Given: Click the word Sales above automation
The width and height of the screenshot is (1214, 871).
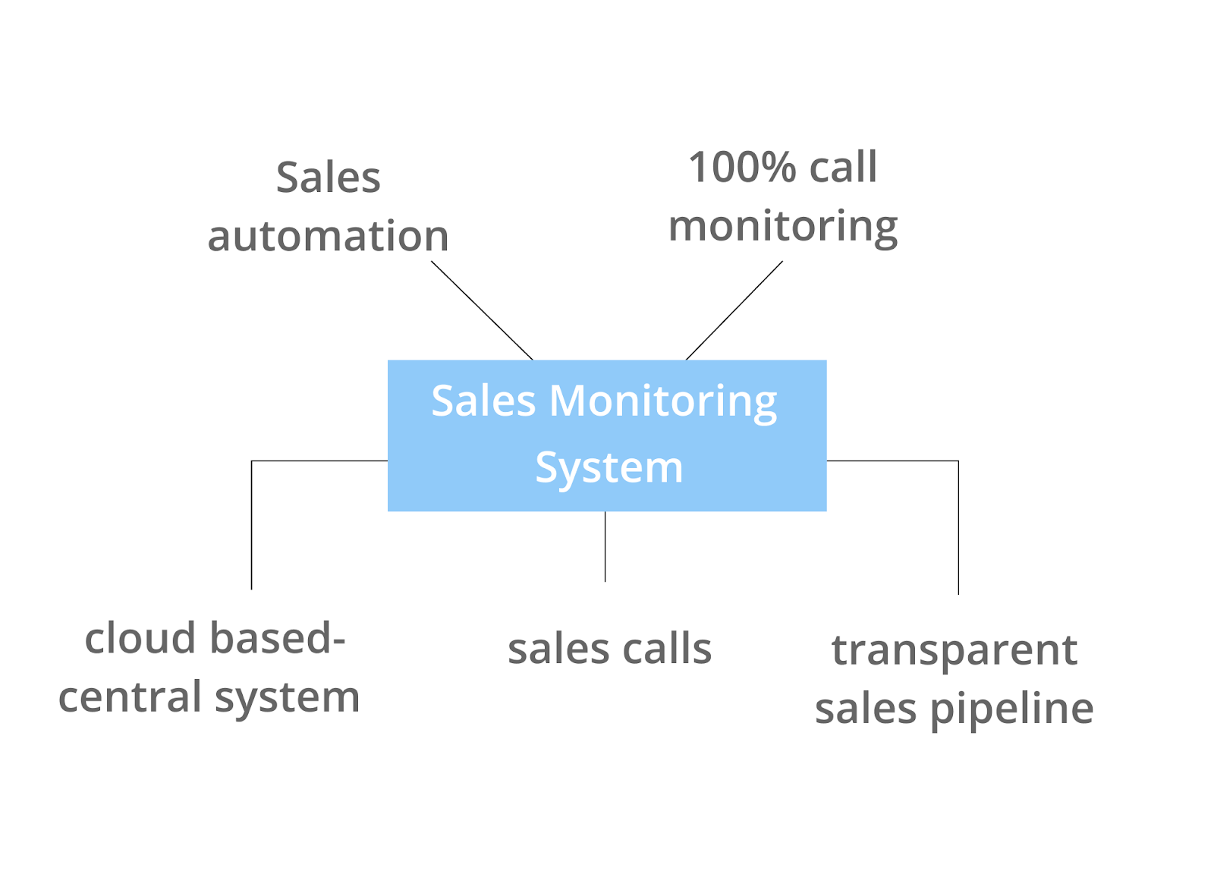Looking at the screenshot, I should [328, 178].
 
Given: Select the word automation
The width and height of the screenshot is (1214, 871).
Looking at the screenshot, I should [328, 236].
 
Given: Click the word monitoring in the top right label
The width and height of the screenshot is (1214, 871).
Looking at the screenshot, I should [782, 227].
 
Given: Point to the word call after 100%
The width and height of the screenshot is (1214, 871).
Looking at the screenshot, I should [843, 168].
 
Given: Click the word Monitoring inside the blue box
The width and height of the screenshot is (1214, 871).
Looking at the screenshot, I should [662, 401].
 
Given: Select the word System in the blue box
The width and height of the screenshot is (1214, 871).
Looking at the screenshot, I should [609, 467].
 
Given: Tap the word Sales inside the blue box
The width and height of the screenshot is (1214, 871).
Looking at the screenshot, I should [483, 401].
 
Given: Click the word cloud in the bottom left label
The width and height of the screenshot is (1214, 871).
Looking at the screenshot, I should [140, 638].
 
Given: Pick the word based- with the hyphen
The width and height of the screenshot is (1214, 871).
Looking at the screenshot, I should [278, 638].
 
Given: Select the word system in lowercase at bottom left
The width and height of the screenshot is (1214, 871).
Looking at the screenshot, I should [287, 699].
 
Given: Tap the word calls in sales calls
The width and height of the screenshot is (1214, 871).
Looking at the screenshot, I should [668, 649].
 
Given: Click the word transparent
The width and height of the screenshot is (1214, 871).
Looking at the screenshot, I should [954, 651].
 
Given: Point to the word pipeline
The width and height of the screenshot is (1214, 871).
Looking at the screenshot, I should [1011, 710].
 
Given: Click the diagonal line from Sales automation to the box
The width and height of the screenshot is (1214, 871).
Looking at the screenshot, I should [482, 310].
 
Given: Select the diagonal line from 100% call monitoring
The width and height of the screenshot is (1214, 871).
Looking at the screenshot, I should [734, 310].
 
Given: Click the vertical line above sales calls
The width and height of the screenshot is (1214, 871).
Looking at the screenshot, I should [605, 546].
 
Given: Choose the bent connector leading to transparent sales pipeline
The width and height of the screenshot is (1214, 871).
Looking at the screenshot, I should [958, 524].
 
